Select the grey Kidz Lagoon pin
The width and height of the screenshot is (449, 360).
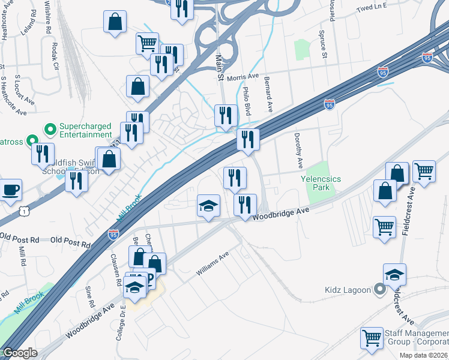(x=379, y=290)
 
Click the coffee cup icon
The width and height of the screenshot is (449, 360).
(x=11, y=190)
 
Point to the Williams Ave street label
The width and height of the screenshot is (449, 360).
(x=213, y=264)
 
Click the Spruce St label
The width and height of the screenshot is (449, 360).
(x=322, y=44)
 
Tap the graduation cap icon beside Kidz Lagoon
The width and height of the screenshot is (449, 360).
(x=394, y=275)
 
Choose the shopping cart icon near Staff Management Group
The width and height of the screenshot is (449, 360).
(x=372, y=337)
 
